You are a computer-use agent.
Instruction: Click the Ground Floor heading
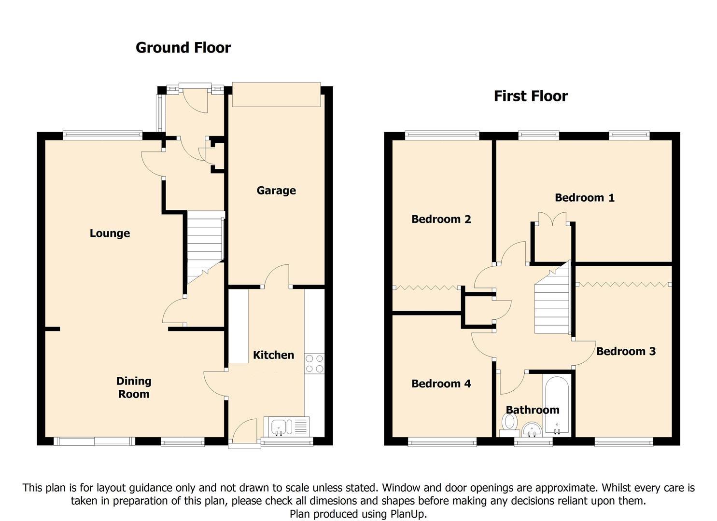183,48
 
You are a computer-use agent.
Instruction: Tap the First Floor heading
531,96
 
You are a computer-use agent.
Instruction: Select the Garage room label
276,191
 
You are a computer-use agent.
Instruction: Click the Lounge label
110,233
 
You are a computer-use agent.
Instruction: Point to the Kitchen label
274,355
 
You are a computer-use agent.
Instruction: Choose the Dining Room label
134,387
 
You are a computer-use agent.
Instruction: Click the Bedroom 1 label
585,198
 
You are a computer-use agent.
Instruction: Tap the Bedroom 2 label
441,219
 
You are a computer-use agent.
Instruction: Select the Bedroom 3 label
626,351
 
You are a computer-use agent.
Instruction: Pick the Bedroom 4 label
441,384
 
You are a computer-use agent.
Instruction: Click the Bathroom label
533,410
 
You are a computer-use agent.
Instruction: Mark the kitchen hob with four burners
315,364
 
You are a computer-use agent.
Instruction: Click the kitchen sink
286,426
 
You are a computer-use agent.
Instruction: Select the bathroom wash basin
531,429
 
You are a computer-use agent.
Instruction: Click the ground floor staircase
205,247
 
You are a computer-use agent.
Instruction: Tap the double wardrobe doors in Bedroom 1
552,219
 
